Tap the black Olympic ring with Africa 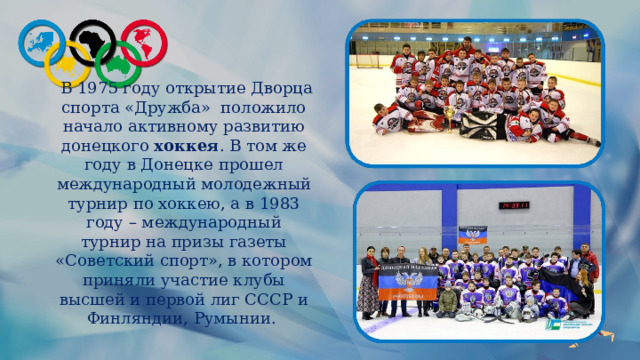[96, 40]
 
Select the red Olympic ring [144, 41]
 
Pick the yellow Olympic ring [68, 62]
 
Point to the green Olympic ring [119, 63]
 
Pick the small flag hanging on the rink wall [465, 236]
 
